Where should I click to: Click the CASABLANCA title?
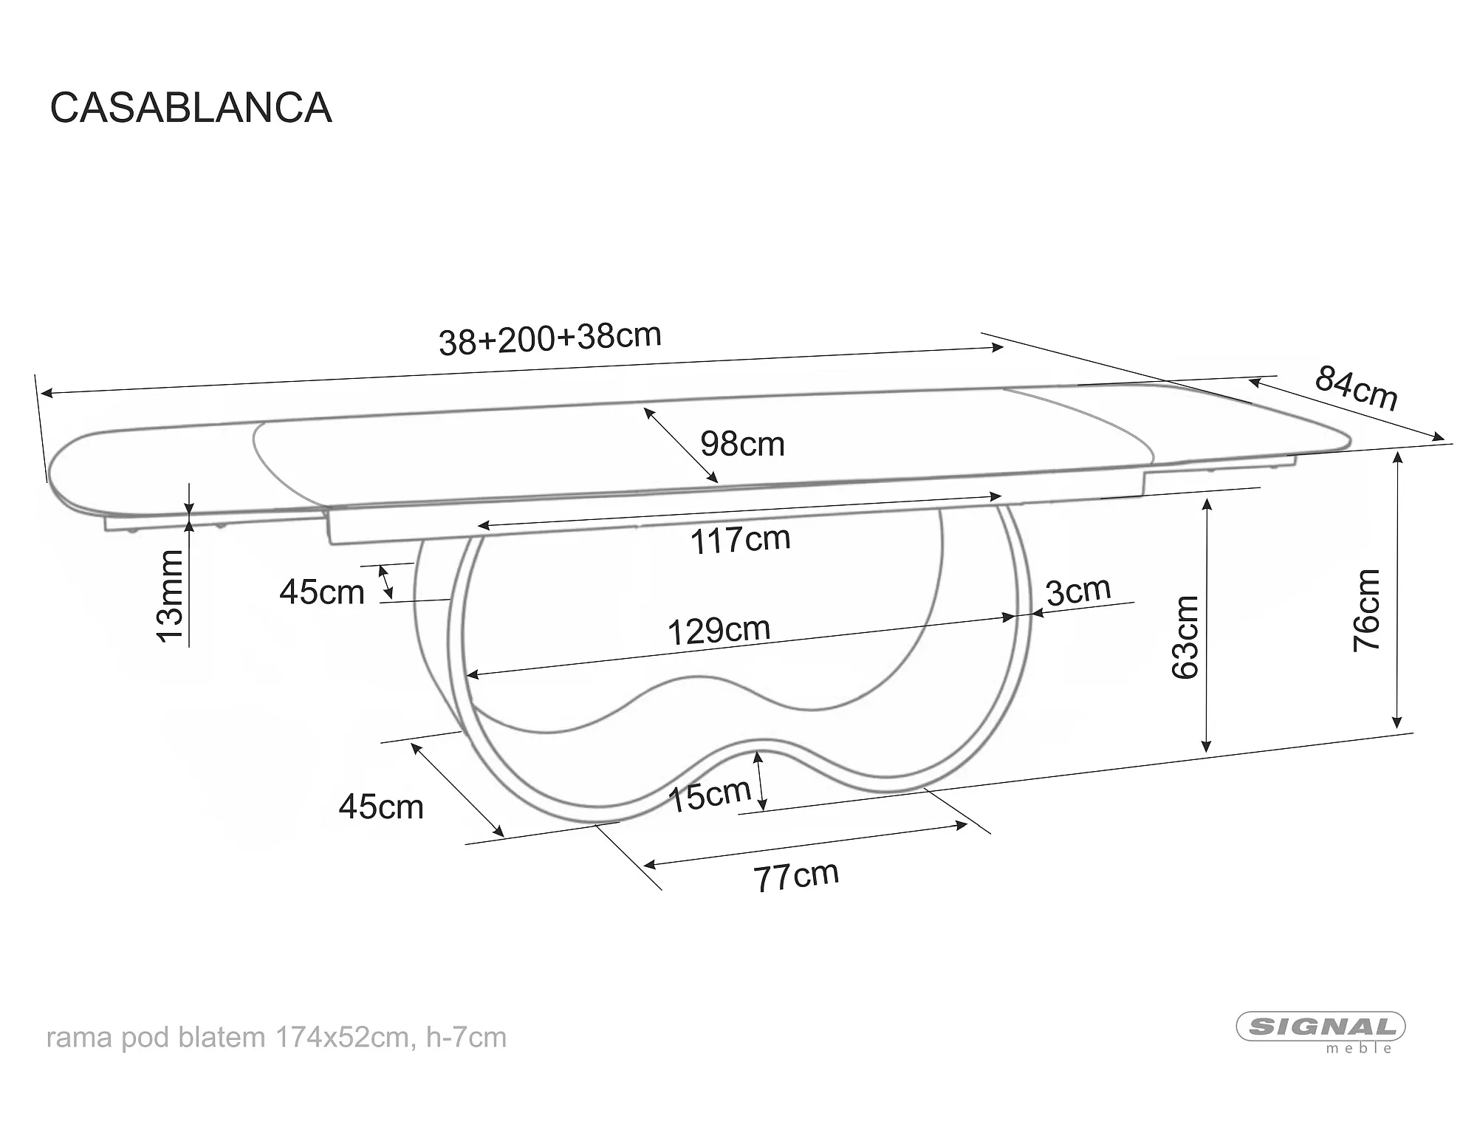191,108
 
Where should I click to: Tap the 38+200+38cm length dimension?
550,339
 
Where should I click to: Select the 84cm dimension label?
1357,388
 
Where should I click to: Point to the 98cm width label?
742,444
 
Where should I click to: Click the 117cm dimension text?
740,540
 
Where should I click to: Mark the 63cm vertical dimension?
1185,637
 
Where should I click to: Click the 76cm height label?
1366,610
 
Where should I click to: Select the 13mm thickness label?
171,596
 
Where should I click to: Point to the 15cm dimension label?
709,795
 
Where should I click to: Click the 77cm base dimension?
796,877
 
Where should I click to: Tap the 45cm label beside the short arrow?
322,592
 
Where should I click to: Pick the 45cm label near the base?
381,807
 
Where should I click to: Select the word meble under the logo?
1360,1048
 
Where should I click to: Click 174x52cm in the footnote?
342,1038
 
